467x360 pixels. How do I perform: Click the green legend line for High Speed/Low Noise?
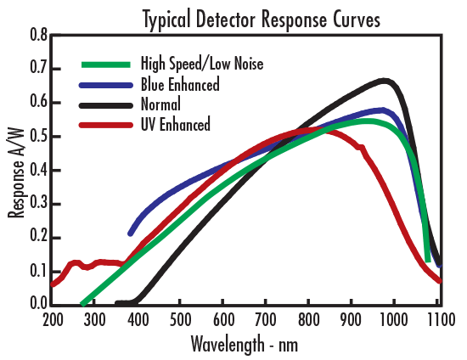tap(106, 64)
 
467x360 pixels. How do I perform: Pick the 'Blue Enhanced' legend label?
tap(180, 84)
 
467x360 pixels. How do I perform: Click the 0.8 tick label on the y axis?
tap(38, 36)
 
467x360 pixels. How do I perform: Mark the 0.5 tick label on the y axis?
tap(38, 137)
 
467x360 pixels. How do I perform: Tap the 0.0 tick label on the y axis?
tap(38, 303)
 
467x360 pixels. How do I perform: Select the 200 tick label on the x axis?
tap(53, 320)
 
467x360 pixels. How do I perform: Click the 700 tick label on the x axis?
tap(266, 320)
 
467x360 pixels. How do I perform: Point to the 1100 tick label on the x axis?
tap(439, 320)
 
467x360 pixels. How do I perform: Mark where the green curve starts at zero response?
tap(82, 302)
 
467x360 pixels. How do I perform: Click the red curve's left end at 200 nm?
tap(53, 284)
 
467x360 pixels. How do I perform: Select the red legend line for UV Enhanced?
tap(106, 125)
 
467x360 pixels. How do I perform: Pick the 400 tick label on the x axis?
tap(138, 320)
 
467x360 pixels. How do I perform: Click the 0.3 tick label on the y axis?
tap(38, 204)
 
